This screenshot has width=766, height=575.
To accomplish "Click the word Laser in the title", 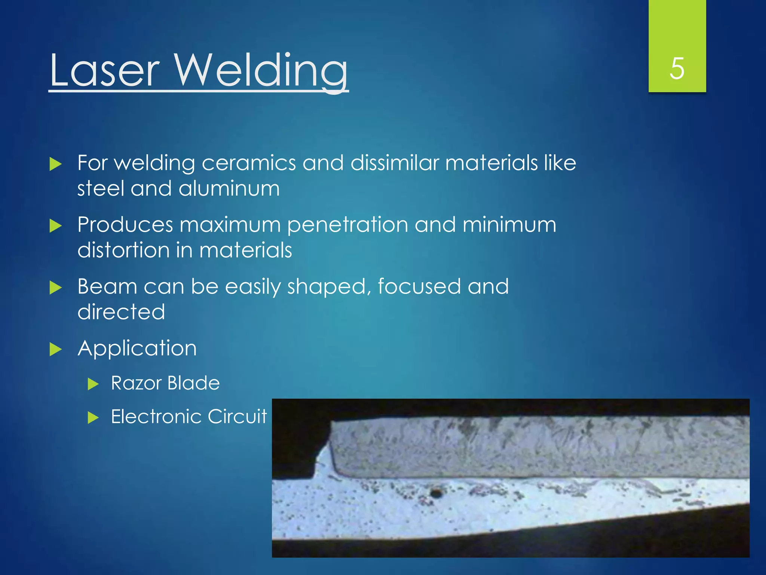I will tap(105, 70).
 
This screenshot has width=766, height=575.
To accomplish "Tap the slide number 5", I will tap(677, 69).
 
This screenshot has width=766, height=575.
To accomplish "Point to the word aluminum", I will tap(229, 188).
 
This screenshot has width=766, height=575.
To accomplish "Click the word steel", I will tap(100, 188).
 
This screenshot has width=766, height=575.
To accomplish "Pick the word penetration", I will tap(347, 225).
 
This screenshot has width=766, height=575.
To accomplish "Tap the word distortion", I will tap(123, 250).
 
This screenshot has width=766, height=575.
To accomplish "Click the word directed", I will tap(121, 312).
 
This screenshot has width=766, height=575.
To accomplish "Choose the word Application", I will tap(137, 349).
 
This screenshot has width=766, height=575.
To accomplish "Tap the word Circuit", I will tap(237, 417).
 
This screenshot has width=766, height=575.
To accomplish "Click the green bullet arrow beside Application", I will tap(55, 349).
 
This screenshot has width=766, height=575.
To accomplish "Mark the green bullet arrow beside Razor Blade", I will tap(93, 384).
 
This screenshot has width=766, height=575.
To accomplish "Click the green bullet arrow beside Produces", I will tap(55, 226).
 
